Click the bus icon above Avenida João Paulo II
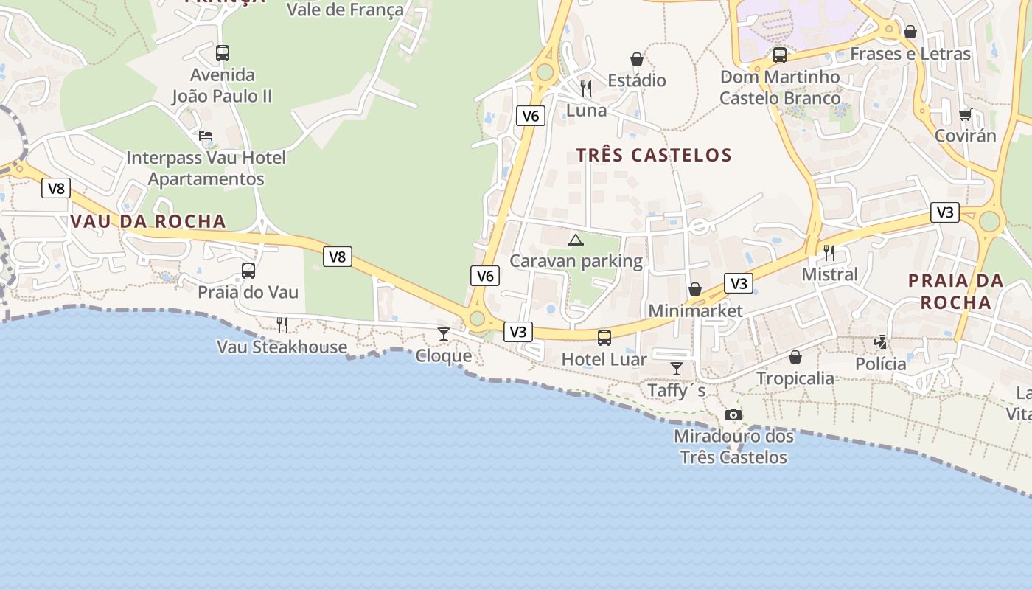[x=222, y=53]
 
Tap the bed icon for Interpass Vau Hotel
[x=206, y=136]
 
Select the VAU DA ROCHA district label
[x=148, y=221]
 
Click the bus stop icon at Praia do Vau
[x=248, y=271]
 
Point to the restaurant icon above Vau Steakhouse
[x=282, y=325]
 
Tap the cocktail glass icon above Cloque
[x=443, y=334]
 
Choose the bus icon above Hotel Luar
[x=604, y=338]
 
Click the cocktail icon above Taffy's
[x=676, y=368]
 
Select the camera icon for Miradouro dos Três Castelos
[x=733, y=414]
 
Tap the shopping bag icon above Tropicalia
[x=795, y=357]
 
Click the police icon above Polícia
[x=881, y=341]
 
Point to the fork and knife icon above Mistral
[x=829, y=253]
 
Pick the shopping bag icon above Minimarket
[x=695, y=289]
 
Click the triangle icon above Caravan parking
[x=575, y=240]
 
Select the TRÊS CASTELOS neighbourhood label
[x=654, y=155]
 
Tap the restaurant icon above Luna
[x=586, y=88]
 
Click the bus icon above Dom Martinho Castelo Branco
[x=779, y=55]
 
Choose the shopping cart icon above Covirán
[x=965, y=114]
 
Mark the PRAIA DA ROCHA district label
[x=955, y=291]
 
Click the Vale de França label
[x=345, y=10]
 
